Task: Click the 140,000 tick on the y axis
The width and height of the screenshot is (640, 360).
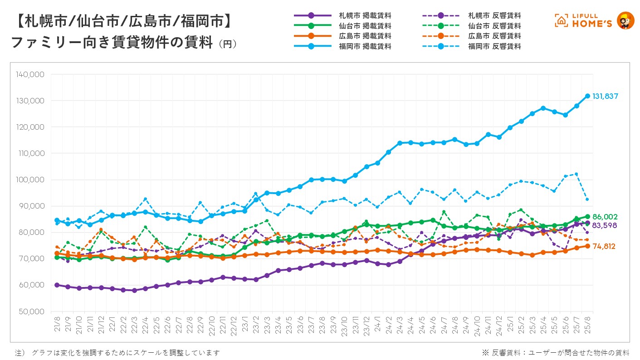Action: coord(30,74)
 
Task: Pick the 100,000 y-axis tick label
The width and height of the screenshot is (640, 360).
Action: coord(30,180)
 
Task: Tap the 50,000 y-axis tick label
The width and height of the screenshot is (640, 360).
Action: coord(31,311)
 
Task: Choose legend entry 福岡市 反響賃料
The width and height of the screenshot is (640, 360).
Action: coord(494,46)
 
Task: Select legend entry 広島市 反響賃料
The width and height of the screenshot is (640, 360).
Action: coord(494,36)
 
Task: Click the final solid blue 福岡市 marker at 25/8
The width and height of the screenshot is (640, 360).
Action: coord(587,96)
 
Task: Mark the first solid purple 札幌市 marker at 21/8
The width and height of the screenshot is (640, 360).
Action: coord(57,285)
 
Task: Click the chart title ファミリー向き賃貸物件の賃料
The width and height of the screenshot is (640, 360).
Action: coord(112,43)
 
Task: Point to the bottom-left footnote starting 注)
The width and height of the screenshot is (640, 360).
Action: coord(117,352)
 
